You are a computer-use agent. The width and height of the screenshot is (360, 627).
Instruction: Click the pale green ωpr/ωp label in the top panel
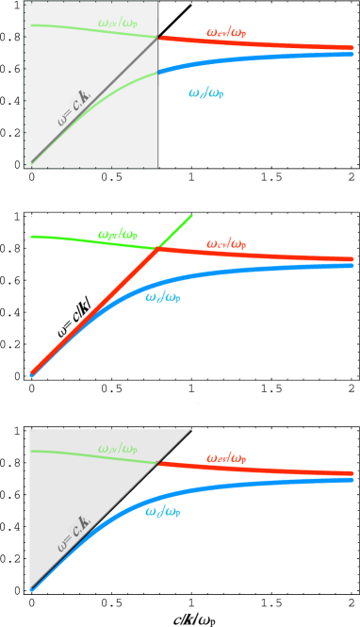(x=117, y=23)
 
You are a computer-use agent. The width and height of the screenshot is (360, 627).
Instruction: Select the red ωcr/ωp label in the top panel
(x=226, y=33)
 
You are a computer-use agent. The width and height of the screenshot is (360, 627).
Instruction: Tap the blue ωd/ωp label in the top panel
(x=206, y=92)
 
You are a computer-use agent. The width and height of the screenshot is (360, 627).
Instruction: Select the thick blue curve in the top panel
(x=264, y=58)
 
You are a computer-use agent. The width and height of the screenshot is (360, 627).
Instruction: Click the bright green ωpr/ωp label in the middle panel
(x=118, y=234)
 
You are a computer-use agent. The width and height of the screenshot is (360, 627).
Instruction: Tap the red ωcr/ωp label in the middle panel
(x=226, y=244)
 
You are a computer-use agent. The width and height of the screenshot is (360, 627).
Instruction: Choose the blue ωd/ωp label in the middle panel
(x=163, y=298)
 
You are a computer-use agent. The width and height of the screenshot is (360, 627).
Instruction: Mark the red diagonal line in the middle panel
(x=94, y=311)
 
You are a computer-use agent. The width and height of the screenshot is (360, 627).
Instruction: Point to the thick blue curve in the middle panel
(x=245, y=272)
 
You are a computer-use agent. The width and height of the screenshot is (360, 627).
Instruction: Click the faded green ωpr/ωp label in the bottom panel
(x=118, y=448)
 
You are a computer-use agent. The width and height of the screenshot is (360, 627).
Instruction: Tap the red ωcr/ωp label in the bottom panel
(x=226, y=458)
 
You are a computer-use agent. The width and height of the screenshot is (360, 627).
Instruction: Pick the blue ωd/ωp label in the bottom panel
(x=163, y=511)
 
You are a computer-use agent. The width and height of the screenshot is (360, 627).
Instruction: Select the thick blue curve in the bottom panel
(x=245, y=486)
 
